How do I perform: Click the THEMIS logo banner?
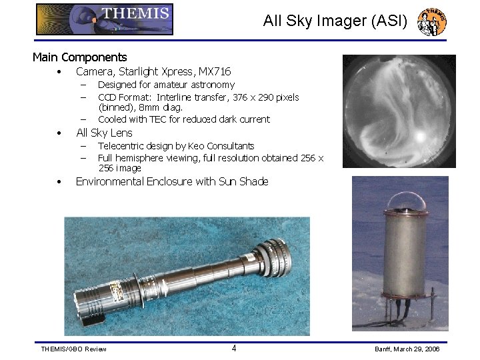coord(105,19)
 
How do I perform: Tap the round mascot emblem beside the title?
coord(431,22)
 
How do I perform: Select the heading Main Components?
coord(79,57)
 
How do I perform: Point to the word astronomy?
coord(213,85)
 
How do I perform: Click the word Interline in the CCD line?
coord(173,97)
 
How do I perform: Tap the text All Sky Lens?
coord(104,133)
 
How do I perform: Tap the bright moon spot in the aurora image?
coord(420,136)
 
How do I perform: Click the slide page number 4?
coord(233,348)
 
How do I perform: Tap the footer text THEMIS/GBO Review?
coord(73,349)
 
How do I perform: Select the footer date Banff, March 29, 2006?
coord(407,349)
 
